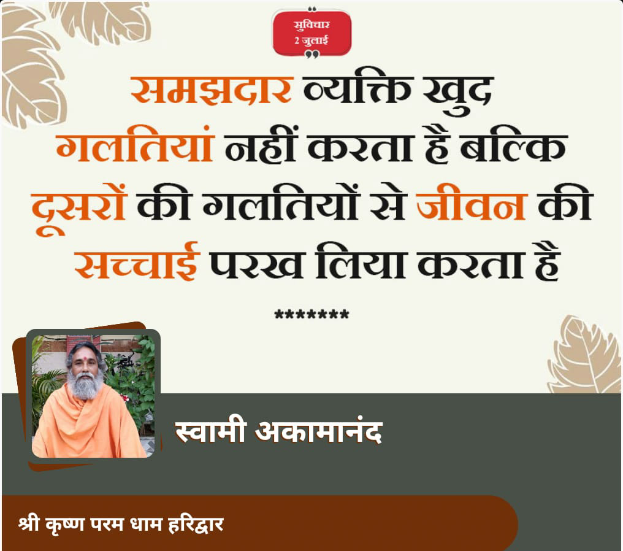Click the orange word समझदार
pos(212,90)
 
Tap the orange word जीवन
pos(472,202)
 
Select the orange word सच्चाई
pos(136,261)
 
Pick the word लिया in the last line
pos(359,261)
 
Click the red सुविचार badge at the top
pos(312,33)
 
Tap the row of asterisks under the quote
pos(312,314)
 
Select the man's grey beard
pos(84,385)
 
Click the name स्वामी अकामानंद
pos(278,431)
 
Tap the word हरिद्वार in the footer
pos(196,525)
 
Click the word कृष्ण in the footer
pos(65,525)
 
